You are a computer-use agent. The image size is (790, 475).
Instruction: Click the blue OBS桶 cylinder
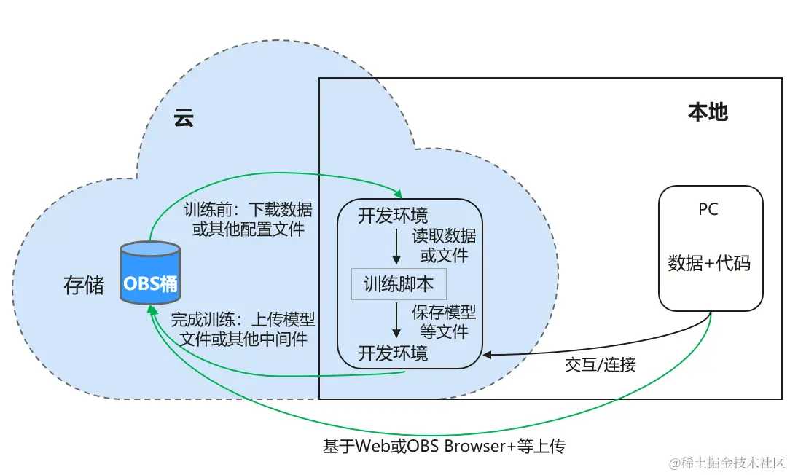point(150,272)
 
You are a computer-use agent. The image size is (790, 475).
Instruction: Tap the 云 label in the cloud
point(184,118)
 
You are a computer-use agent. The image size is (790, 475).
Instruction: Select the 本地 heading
point(708,111)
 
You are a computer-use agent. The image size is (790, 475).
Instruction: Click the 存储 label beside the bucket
point(84,285)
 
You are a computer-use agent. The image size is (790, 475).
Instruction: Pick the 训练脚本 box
point(399,284)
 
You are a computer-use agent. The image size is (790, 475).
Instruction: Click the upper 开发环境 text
point(393,216)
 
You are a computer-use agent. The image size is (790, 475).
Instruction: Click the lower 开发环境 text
point(393,353)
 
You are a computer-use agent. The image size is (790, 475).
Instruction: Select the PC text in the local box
point(708,210)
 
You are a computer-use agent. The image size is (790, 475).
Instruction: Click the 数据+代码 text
point(709,264)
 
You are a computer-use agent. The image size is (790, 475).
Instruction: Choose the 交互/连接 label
point(600,365)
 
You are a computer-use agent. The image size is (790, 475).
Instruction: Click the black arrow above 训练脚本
point(396,248)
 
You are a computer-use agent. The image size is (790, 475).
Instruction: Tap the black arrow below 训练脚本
point(396,319)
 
